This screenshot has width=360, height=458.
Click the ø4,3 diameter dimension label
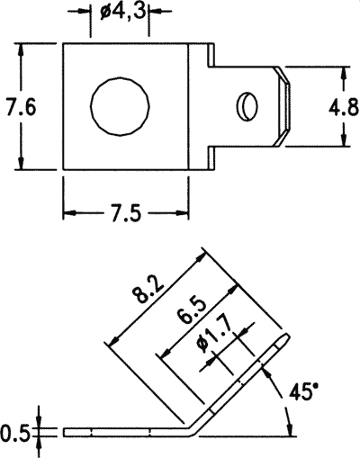(x=121, y=12)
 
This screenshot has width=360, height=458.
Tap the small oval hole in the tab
(x=246, y=106)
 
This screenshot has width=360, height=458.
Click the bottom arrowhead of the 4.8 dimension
(x=342, y=142)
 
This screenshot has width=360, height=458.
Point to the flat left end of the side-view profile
(x=65, y=433)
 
